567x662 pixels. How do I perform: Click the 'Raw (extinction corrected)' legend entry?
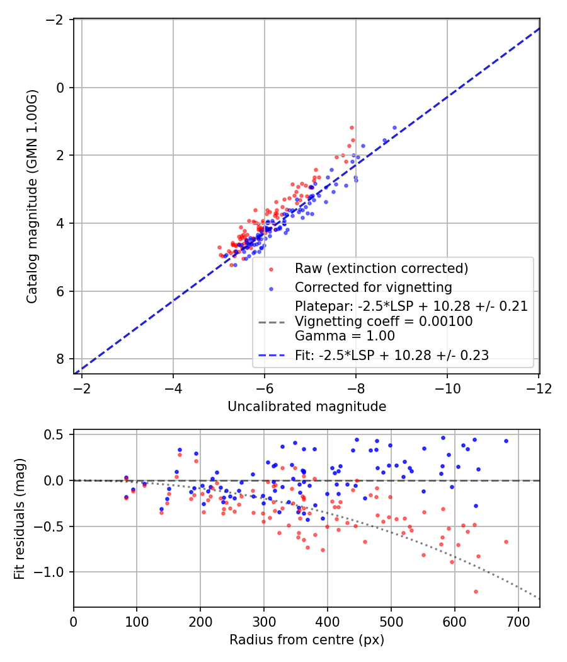pyautogui.click(x=381, y=269)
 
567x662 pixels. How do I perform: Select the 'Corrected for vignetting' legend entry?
pyautogui.click(x=373, y=287)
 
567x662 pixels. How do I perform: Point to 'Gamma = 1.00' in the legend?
pyautogui.click(x=345, y=335)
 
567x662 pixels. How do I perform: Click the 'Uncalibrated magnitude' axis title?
pyautogui.click(x=306, y=407)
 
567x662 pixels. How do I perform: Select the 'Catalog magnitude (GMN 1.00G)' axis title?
pyautogui.click(x=32, y=196)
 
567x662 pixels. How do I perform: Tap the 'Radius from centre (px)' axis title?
pyautogui.click(x=306, y=640)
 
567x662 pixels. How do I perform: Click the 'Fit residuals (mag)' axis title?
pyautogui.click(x=19, y=518)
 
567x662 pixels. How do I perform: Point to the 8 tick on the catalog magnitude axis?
pyautogui.click(x=60, y=359)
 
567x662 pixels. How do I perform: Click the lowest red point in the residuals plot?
pyautogui.click(x=476, y=591)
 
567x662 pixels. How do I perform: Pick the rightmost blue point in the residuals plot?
pyautogui.click(x=506, y=441)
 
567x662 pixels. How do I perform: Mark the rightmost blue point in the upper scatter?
pyautogui.click(x=395, y=127)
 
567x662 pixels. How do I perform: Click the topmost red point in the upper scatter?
pyautogui.click(x=352, y=127)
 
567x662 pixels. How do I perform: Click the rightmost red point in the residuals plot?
pyautogui.click(x=506, y=542)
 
